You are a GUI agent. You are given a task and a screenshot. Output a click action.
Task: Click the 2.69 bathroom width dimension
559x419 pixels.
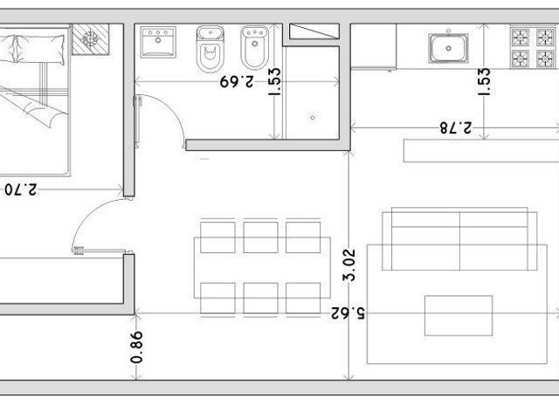(x=237, y=81)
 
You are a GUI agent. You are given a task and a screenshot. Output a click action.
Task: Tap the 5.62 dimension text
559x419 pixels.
(x=348, y=313)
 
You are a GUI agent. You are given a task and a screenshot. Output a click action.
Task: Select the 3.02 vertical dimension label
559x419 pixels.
(x=349, y=265)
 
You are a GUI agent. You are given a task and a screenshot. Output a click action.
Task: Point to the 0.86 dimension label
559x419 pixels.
(x=136, y=347)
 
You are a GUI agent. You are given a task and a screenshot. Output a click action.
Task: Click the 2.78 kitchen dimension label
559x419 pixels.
(x=455, y=127)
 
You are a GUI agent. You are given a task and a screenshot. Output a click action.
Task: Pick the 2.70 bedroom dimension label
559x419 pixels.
(x=20, y=189)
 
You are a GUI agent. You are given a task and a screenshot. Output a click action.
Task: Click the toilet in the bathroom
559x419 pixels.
(x=210, y=49)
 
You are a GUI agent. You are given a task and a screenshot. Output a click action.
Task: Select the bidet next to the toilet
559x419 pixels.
(x=254, y=48)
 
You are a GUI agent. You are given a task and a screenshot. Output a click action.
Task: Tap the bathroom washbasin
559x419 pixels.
(x=158, y=42)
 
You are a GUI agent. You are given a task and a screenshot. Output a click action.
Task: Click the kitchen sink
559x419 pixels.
(x=448, y=48)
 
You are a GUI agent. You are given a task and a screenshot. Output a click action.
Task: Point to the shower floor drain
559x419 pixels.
(x=313, y=117)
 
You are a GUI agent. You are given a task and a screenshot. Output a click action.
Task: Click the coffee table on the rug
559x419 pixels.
(x=459, y=315)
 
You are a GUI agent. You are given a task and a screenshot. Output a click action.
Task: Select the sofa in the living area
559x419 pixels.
(x=459, y=238)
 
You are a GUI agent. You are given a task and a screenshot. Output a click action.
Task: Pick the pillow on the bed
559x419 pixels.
(x=39, y=49)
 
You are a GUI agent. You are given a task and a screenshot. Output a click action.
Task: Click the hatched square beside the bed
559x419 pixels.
(x=91, y=39)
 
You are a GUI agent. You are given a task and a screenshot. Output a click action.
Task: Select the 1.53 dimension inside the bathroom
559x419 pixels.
(x=274, y=81)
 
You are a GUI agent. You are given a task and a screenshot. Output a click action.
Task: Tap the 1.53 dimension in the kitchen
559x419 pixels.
(x=484, y=81)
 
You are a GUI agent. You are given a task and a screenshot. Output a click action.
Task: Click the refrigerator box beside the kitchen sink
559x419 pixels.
(x=373, y=46)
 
